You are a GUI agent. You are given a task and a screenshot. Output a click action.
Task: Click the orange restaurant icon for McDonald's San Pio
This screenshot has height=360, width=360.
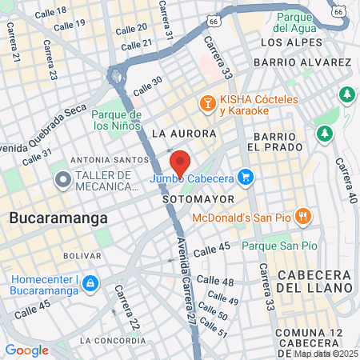pos(302,215)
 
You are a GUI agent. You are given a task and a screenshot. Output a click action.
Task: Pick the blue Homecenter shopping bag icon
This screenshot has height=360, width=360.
pos(90,284)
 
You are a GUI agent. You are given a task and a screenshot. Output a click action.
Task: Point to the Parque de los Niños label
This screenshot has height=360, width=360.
pos(117,119)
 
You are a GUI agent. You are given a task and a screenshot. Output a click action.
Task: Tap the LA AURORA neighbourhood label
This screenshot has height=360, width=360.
pos(183,133)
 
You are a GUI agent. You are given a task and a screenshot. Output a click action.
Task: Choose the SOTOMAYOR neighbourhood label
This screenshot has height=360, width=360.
pos(198,198)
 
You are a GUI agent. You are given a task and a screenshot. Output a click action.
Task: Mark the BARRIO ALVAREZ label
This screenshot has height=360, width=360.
pos(302,62)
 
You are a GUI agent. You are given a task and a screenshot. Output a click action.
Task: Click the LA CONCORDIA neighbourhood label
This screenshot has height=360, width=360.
pos(111,340)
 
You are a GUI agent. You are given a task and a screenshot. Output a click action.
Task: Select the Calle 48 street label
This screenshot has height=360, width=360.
pos(215,281)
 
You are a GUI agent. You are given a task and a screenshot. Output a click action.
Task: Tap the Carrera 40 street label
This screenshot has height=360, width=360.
pos(344,175)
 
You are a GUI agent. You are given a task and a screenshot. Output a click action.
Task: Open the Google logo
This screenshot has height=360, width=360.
pos(26,350)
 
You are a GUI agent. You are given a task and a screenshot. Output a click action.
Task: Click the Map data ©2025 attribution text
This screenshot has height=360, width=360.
pos(326,354)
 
